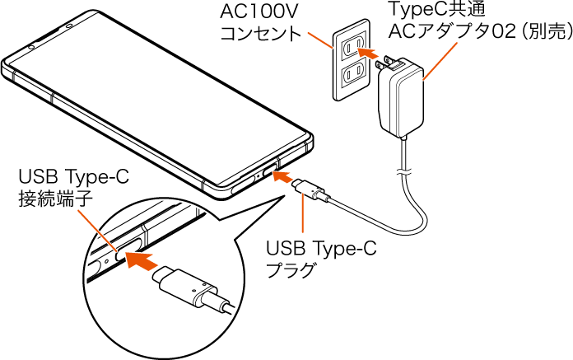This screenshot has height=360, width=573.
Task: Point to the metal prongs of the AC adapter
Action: tap(387, 63)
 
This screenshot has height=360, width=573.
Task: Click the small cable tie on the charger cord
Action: tap(403, 171)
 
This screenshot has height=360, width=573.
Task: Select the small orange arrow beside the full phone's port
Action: tap(283, 175)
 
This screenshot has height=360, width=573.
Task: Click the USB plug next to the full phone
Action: tap(312, 190)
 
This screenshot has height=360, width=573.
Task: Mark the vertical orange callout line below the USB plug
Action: tap(305, 216)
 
